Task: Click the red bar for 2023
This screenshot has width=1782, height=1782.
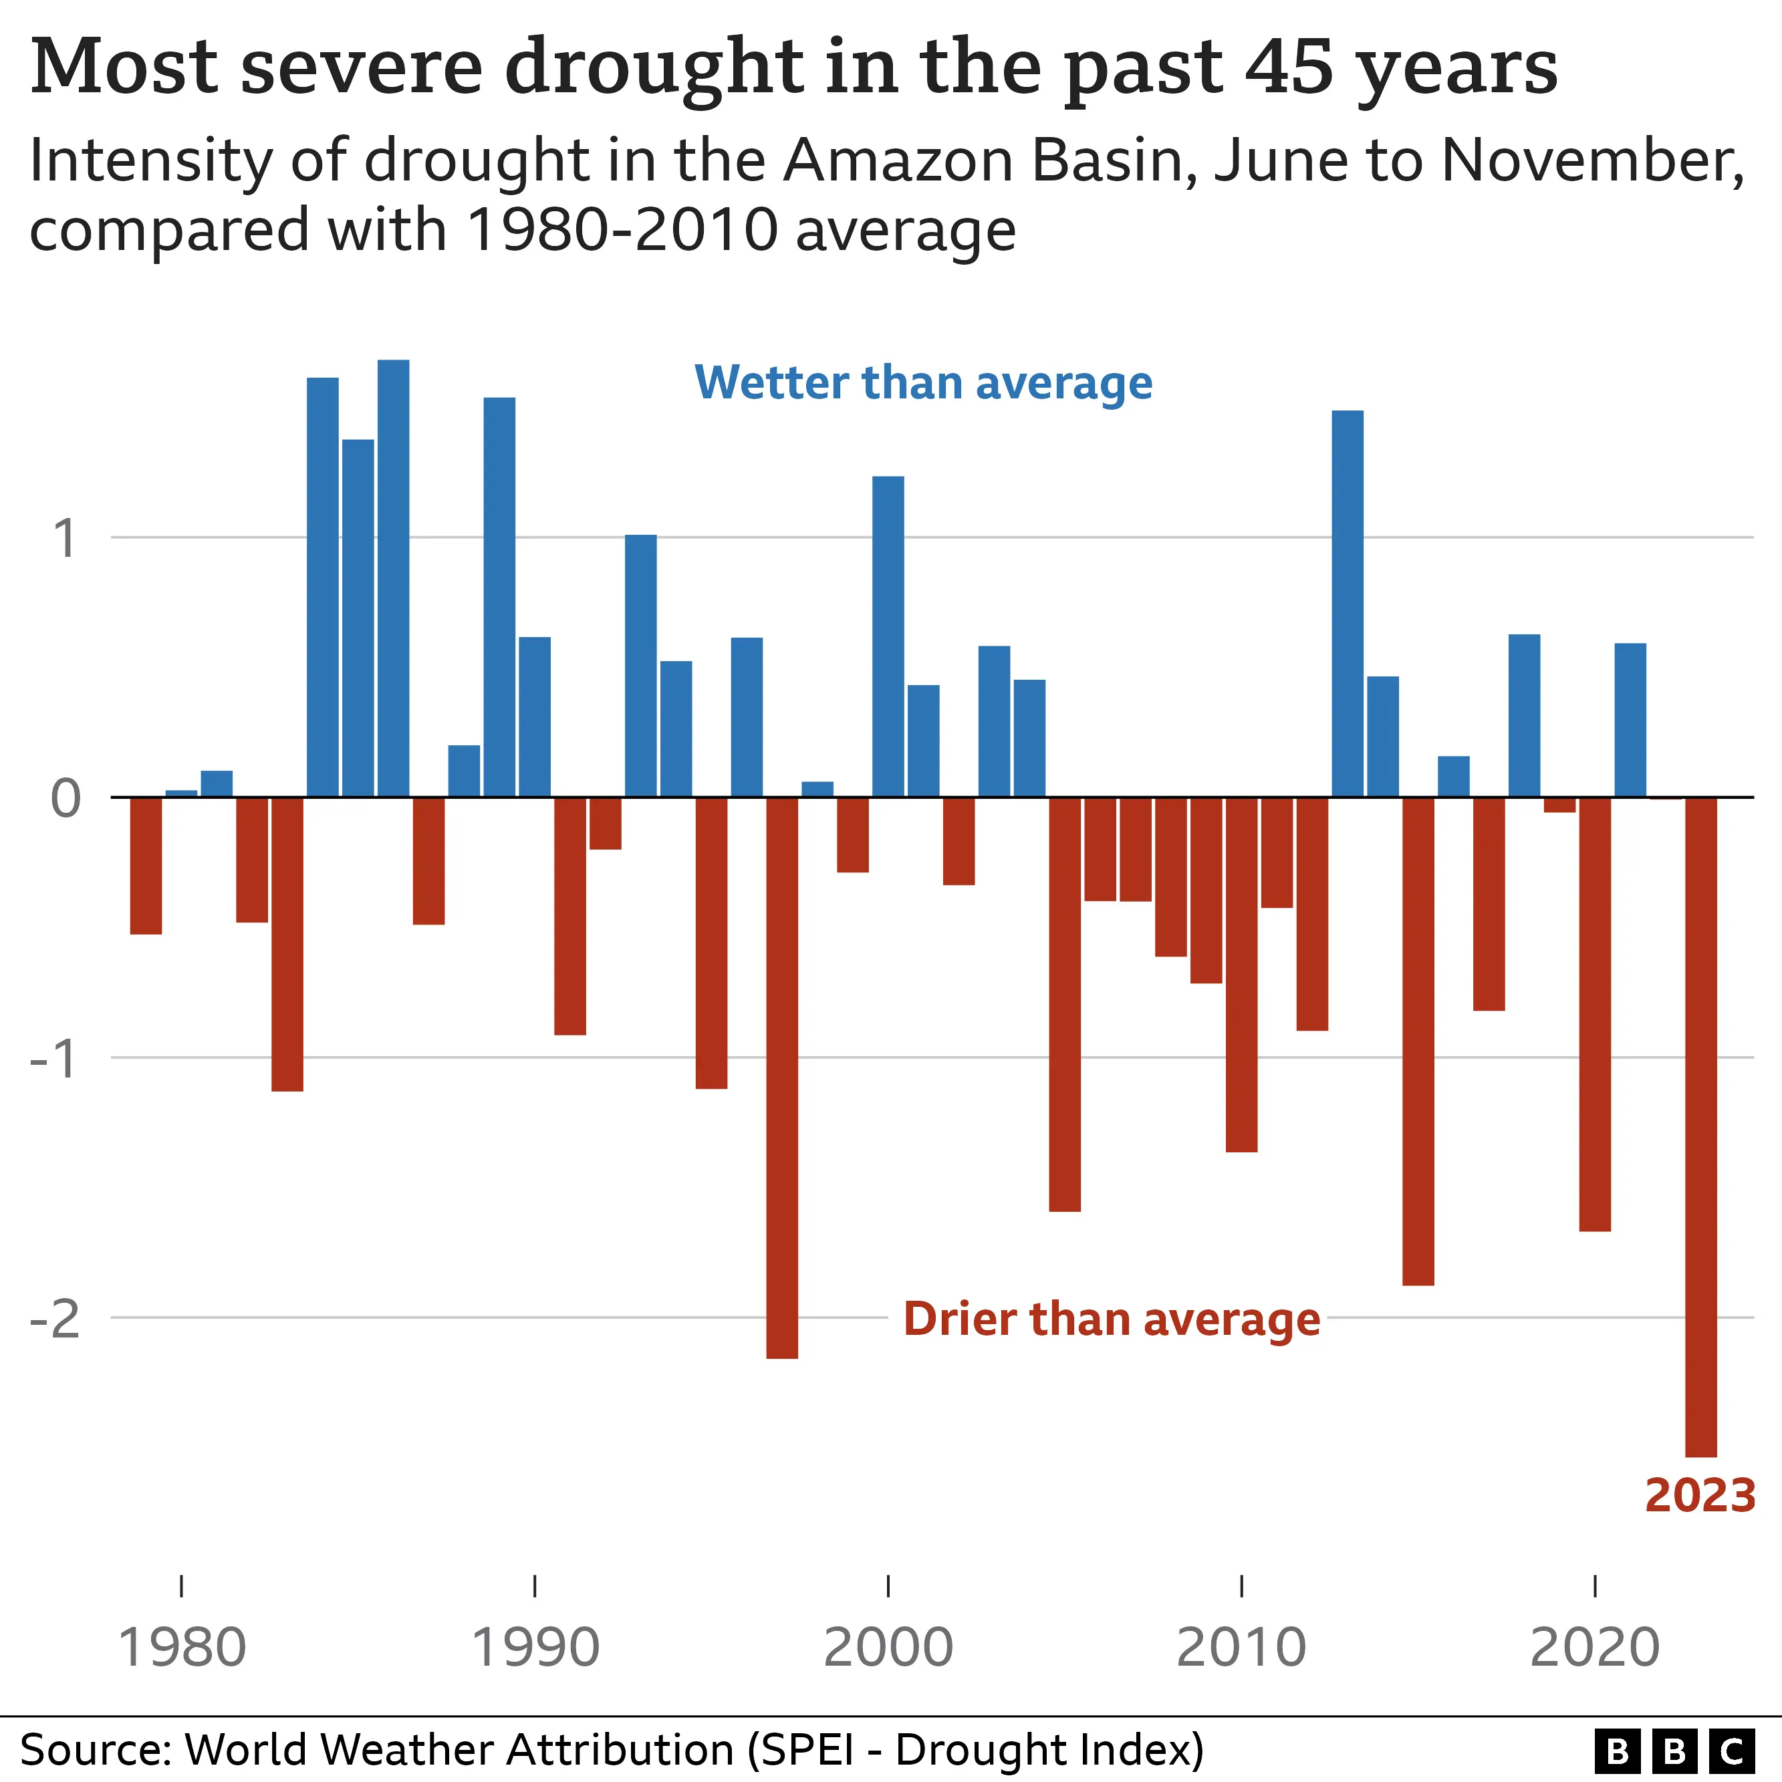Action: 1701,1125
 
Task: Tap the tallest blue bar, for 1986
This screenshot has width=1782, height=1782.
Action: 393,578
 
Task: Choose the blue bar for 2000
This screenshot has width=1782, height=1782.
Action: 888,636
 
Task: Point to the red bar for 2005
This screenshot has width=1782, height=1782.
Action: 1064,1003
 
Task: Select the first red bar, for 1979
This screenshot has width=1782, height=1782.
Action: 146,865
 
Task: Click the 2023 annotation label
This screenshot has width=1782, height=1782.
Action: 1700,1495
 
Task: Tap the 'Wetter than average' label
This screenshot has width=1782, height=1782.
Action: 923,383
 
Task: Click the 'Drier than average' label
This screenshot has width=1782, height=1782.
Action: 1112,1319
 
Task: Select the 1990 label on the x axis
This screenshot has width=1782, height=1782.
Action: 535,1648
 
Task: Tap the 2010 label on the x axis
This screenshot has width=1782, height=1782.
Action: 1241,1648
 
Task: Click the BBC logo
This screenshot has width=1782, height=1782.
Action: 1674,1750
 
